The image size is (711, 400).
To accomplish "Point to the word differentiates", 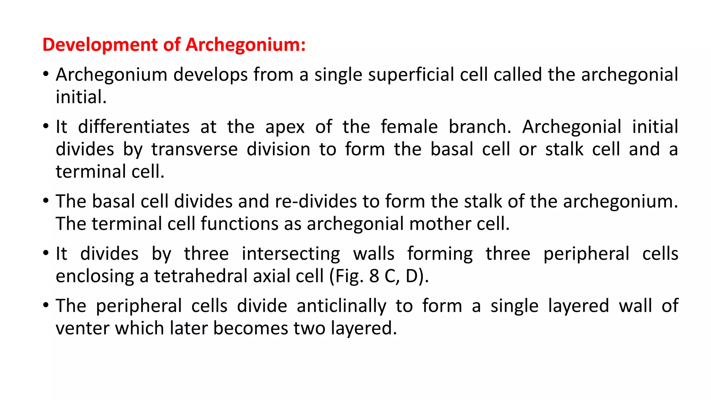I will click(134, 127).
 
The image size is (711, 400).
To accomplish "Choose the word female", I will click(409, 127).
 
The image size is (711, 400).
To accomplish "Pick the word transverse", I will click(194, 150).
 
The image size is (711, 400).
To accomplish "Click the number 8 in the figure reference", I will click(374, 276).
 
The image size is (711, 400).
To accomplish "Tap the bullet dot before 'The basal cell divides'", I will click(46, 201).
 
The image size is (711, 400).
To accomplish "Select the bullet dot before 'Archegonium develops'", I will click(46, 74).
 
